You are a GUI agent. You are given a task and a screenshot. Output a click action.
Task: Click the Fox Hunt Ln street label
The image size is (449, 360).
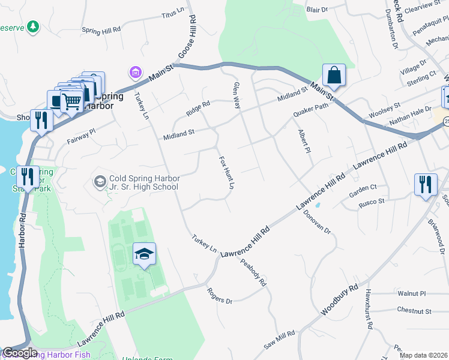coord(226,173)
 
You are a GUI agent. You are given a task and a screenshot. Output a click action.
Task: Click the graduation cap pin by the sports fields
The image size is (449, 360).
coord(144,254)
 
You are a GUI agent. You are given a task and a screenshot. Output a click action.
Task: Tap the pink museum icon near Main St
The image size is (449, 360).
coord(136,73)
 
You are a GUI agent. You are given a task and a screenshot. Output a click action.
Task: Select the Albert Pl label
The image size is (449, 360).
coord(304,142)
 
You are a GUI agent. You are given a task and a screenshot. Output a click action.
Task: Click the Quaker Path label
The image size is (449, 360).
coord(311,110)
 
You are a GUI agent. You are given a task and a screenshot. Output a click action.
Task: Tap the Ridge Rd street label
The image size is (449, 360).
coord(198,108)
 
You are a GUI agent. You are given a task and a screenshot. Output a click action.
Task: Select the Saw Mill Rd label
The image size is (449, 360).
coord(280,340)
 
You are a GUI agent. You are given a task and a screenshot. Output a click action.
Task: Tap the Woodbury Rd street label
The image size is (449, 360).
coord(339,301)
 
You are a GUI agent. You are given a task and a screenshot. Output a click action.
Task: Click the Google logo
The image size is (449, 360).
coord(20,353)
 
